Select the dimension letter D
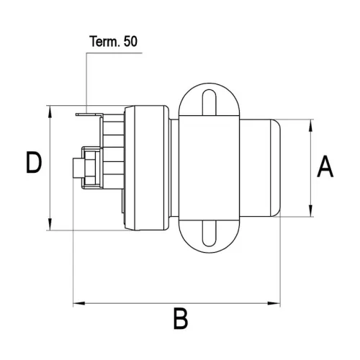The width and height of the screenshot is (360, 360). coord(32,165)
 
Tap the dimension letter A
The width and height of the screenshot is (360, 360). coord(325,167)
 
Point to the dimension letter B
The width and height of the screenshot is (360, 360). coord(180,318)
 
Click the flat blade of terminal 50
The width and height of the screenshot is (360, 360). coord(86,112)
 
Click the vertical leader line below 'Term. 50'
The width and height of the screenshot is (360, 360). coord(86,79)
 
